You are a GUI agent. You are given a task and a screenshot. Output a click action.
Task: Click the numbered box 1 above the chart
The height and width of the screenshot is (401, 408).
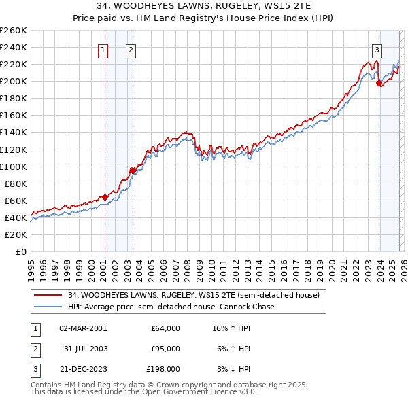pos(103,49)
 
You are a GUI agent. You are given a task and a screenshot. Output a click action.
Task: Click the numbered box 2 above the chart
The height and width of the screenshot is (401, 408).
pos(131,49)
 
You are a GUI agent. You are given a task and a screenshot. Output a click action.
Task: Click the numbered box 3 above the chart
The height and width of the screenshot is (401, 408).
pos(377,49)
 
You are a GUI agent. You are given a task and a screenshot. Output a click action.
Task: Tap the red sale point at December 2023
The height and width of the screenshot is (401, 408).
pos(379,83)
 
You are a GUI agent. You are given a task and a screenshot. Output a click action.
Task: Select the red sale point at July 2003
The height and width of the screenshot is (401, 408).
pos(133,171)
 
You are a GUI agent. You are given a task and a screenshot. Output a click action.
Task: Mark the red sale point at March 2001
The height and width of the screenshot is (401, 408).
pos(105,197)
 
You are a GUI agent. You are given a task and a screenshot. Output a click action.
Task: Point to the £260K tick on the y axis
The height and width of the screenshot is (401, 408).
pos(13,31)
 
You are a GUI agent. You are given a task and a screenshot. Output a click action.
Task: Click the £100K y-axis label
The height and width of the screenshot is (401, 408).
pos(13,167)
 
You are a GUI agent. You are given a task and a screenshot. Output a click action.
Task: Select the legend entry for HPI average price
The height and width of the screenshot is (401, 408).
pos(171,307)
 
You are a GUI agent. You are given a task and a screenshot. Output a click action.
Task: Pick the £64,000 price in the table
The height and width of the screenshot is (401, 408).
pos(165,328)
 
